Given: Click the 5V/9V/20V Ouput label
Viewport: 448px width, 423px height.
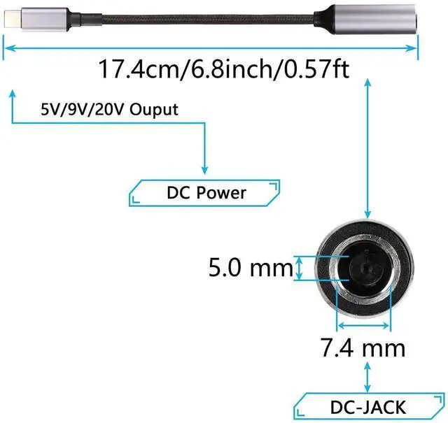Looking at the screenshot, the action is coord(108,110).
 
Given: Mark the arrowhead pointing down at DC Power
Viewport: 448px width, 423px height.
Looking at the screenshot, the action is coord(204,170).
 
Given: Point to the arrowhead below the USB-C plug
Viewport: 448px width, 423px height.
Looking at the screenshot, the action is coord(12,94).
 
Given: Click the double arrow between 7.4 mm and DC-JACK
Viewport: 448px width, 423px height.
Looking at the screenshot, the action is coord(367,373).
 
